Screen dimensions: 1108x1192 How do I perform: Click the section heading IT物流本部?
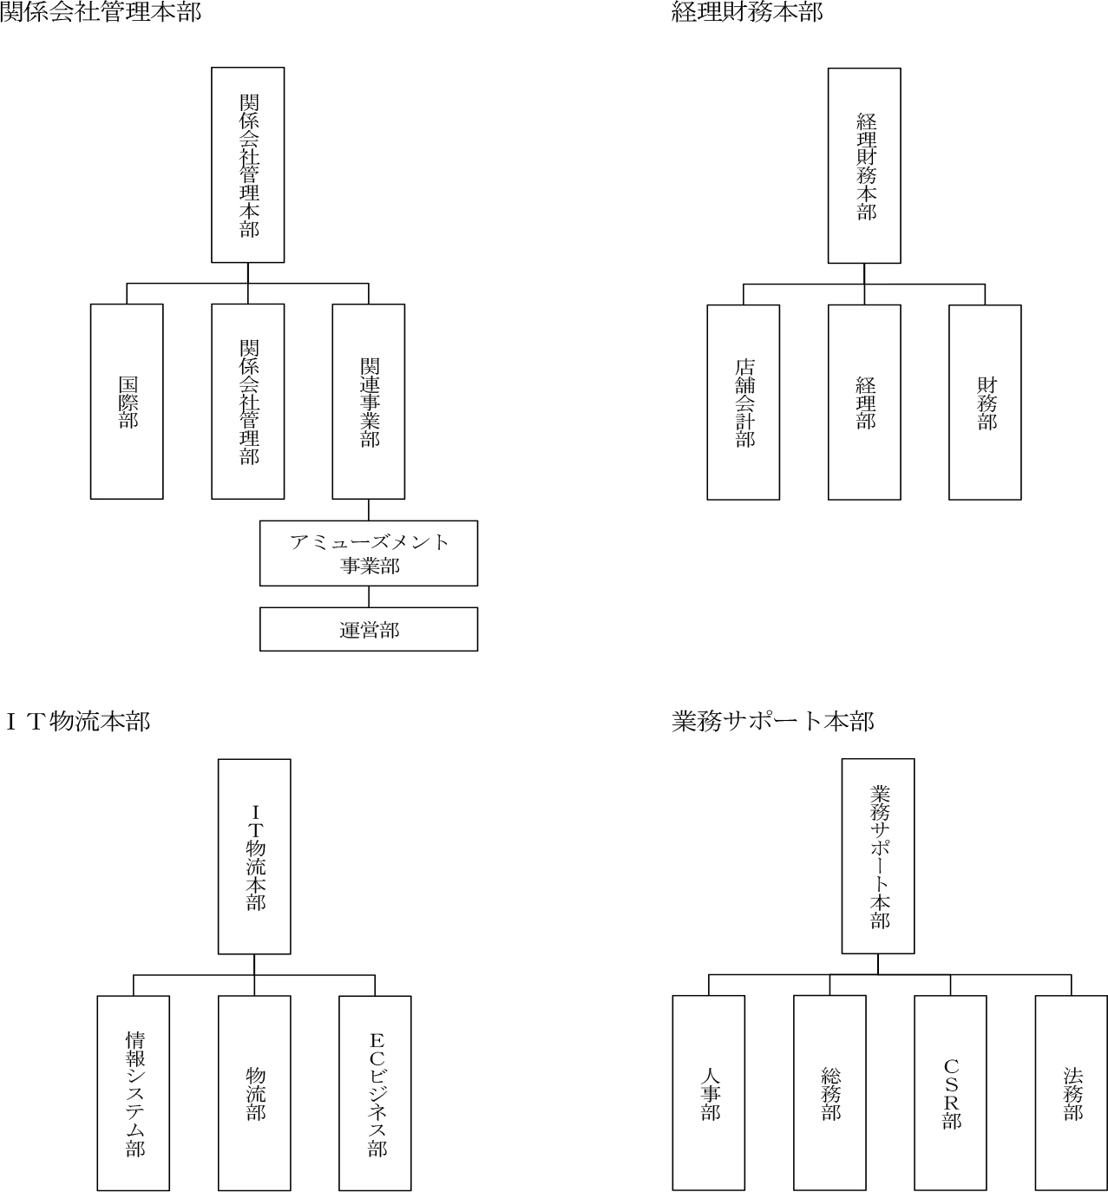[x=78, y=722]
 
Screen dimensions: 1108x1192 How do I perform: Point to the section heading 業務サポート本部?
[x=773, y=722]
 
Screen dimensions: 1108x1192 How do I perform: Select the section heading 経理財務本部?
[x=747, y=12]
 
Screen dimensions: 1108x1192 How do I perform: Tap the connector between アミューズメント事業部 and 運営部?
[x=369, y=597]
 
